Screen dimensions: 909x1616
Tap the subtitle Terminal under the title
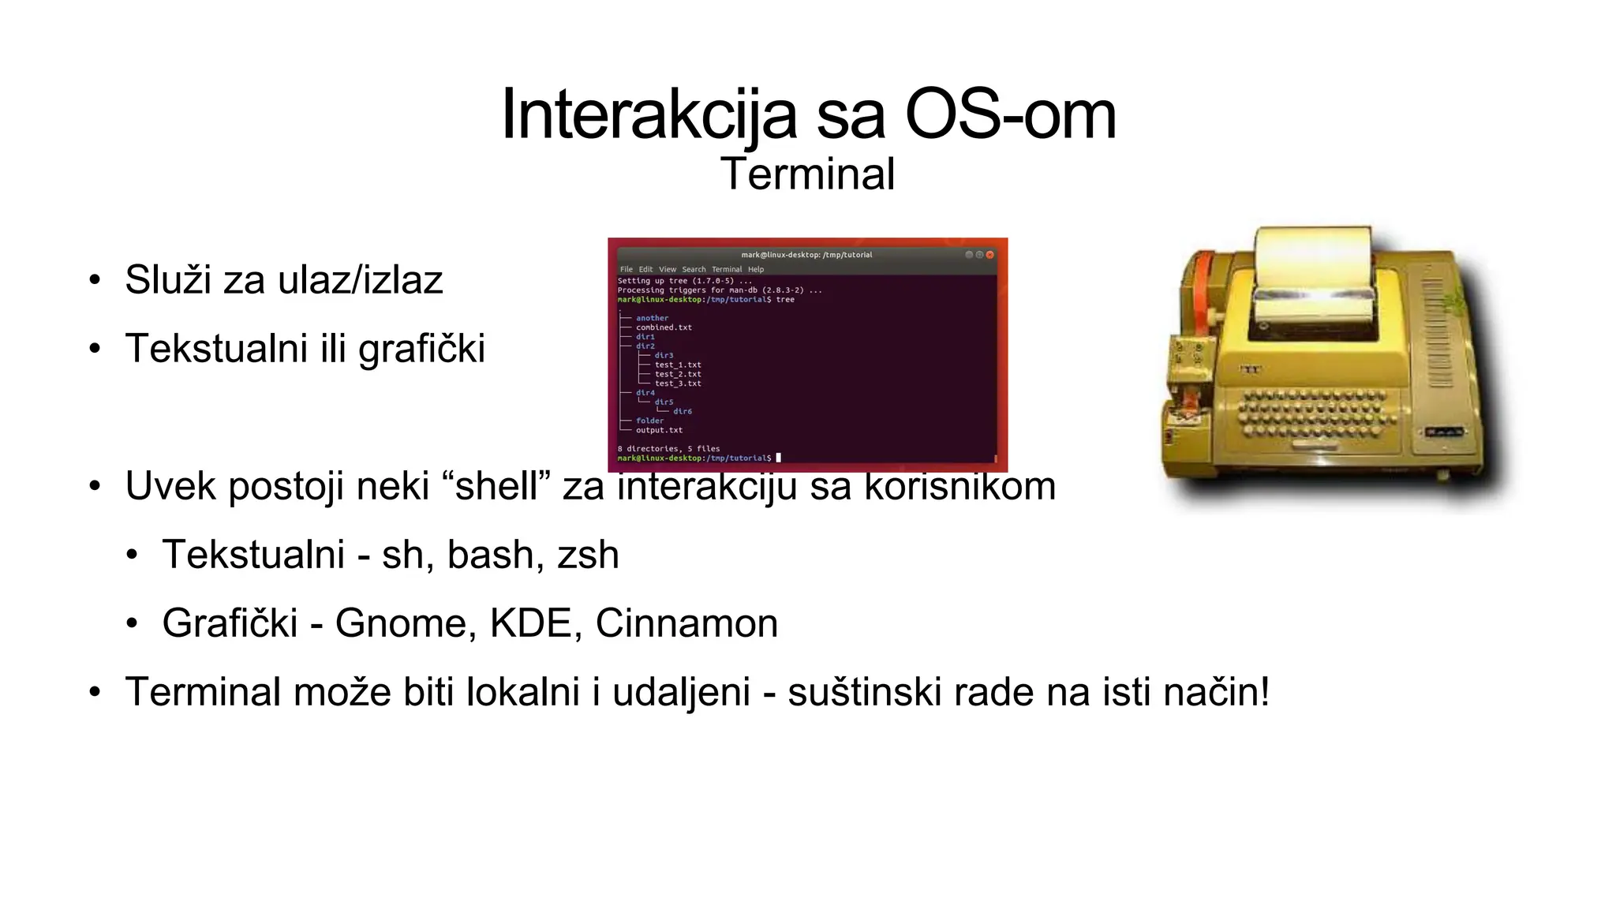pos(807,174)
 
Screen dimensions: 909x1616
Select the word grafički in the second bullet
pos(421,349)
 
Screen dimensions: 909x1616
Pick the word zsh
pos(588,555)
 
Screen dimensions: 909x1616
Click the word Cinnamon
pos(686,623)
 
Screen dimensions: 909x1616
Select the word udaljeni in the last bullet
pos(681,692)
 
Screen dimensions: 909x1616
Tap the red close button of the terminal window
pos(990,255)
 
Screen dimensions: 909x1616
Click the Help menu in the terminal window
pos(756,269)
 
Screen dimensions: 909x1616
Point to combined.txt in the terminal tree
pos(664,327)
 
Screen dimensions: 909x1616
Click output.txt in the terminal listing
pos(659,430)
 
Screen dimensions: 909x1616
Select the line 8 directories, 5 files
pos(668,449)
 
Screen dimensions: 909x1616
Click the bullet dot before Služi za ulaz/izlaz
pos(95,281)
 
